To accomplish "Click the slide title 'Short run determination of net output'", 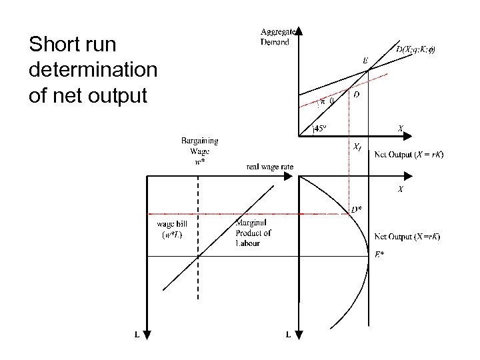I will point(93,71).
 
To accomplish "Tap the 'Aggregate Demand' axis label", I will point(275,37).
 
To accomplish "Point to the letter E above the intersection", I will point(365,61).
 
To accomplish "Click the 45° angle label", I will point(321,129).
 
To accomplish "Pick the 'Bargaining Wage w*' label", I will point(199,151).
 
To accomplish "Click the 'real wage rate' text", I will point(270,166).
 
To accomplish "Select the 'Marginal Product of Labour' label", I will point(253,233).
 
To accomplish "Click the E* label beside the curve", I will point(379,254).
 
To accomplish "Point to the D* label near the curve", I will point(357,208).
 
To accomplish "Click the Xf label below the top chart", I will point(357,146).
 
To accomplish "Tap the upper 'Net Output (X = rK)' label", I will point(409,155).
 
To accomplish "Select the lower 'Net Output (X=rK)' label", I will point(407,237).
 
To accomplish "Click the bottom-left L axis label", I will point(137,335).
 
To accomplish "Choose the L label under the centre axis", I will point(288,335).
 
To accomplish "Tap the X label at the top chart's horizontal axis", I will point(400,128).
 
